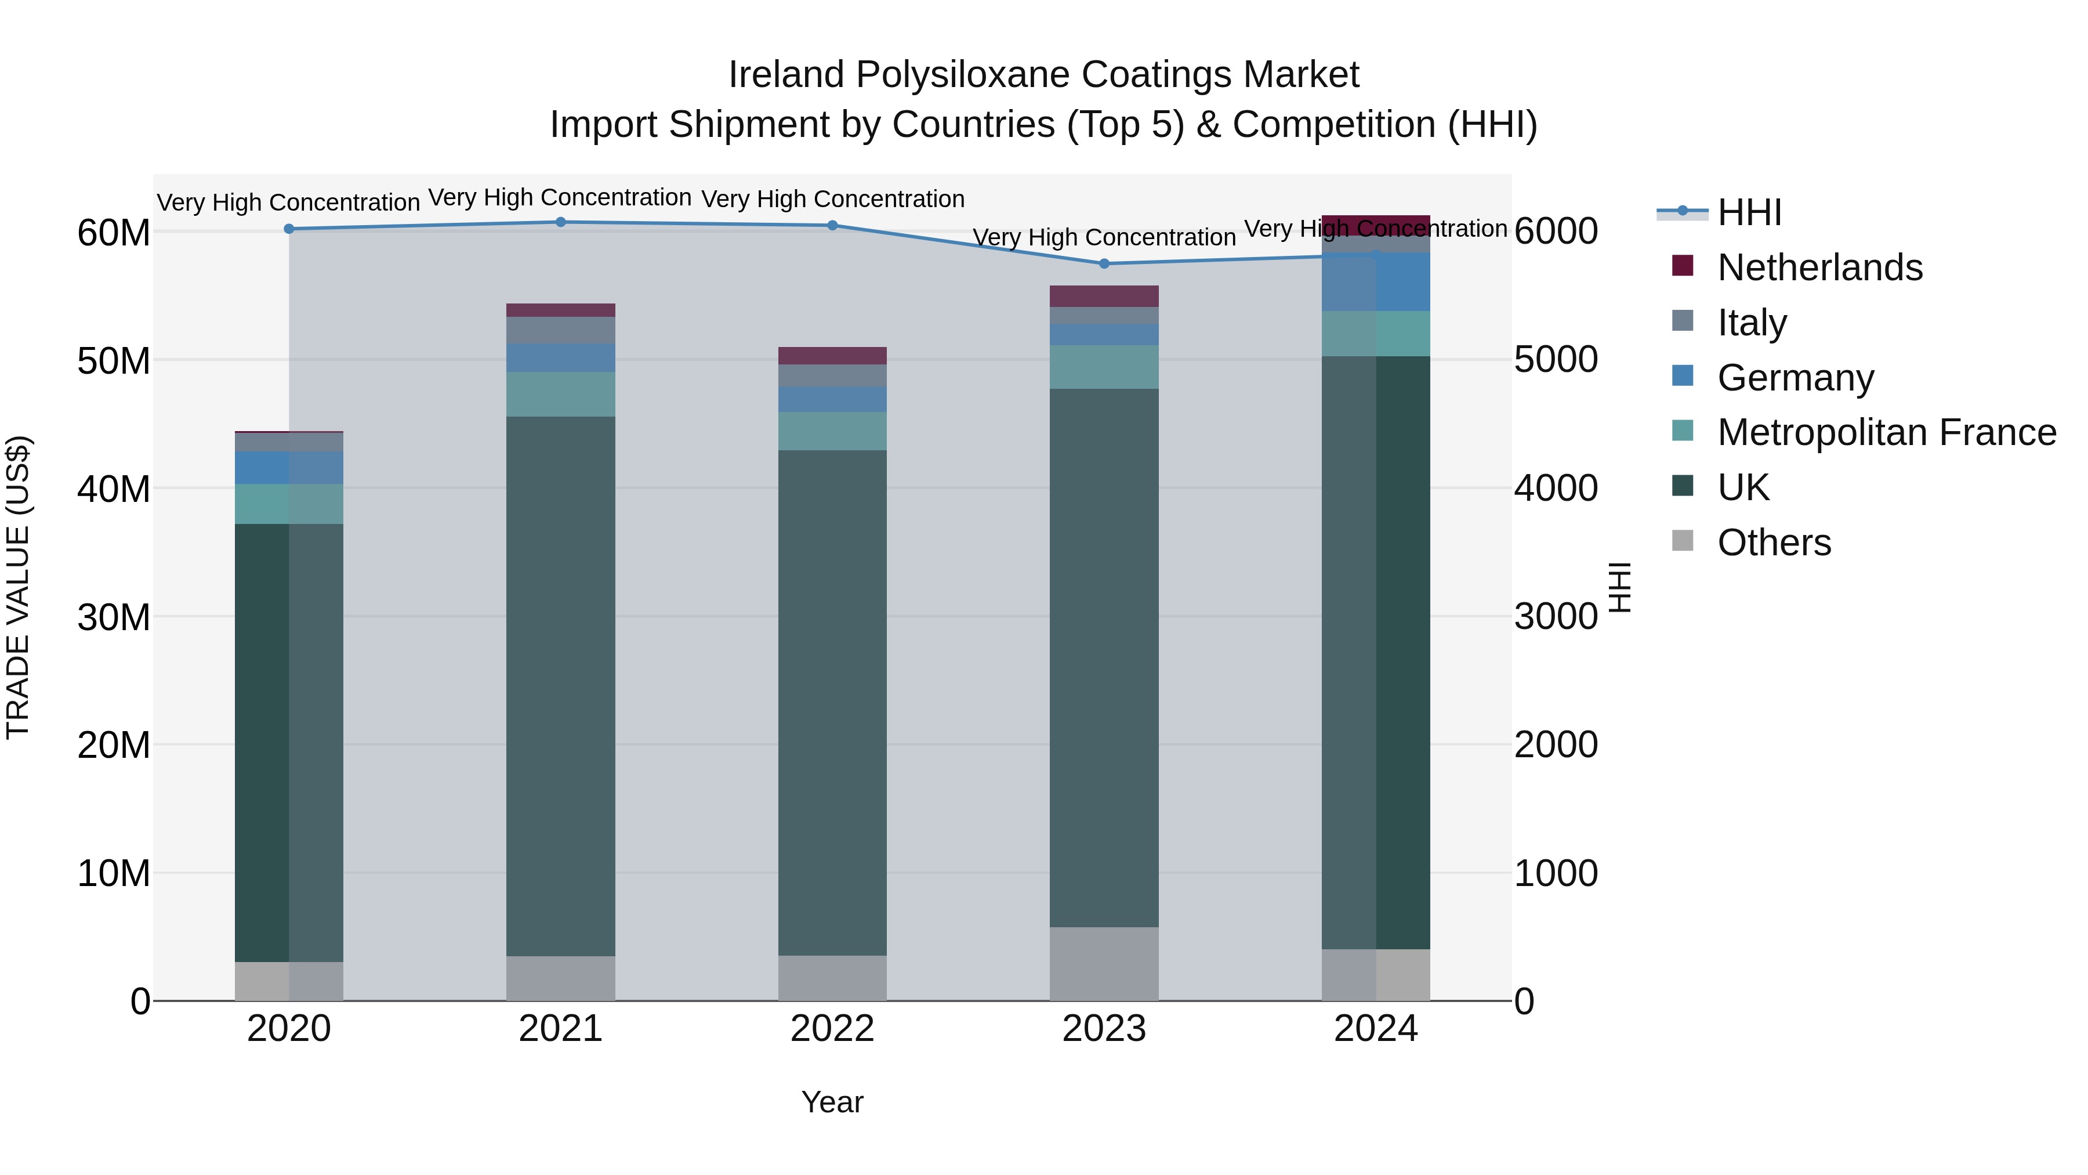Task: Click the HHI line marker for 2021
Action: coord(560,222)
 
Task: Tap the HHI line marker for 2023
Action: coord(1104,263)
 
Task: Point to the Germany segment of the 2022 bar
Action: coord(832,399)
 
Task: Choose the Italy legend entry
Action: coord(1752,323)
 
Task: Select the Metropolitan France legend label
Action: coord(1886,432)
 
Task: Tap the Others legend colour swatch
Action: coord(1683,541)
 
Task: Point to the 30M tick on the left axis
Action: coord(114,617)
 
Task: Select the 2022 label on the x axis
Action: coord(832,1029)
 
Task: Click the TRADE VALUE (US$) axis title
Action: coord(18,587)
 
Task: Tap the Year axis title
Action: coord(832,1102)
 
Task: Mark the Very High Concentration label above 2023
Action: coord(1104,237)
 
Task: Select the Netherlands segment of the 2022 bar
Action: coord(832,355)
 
